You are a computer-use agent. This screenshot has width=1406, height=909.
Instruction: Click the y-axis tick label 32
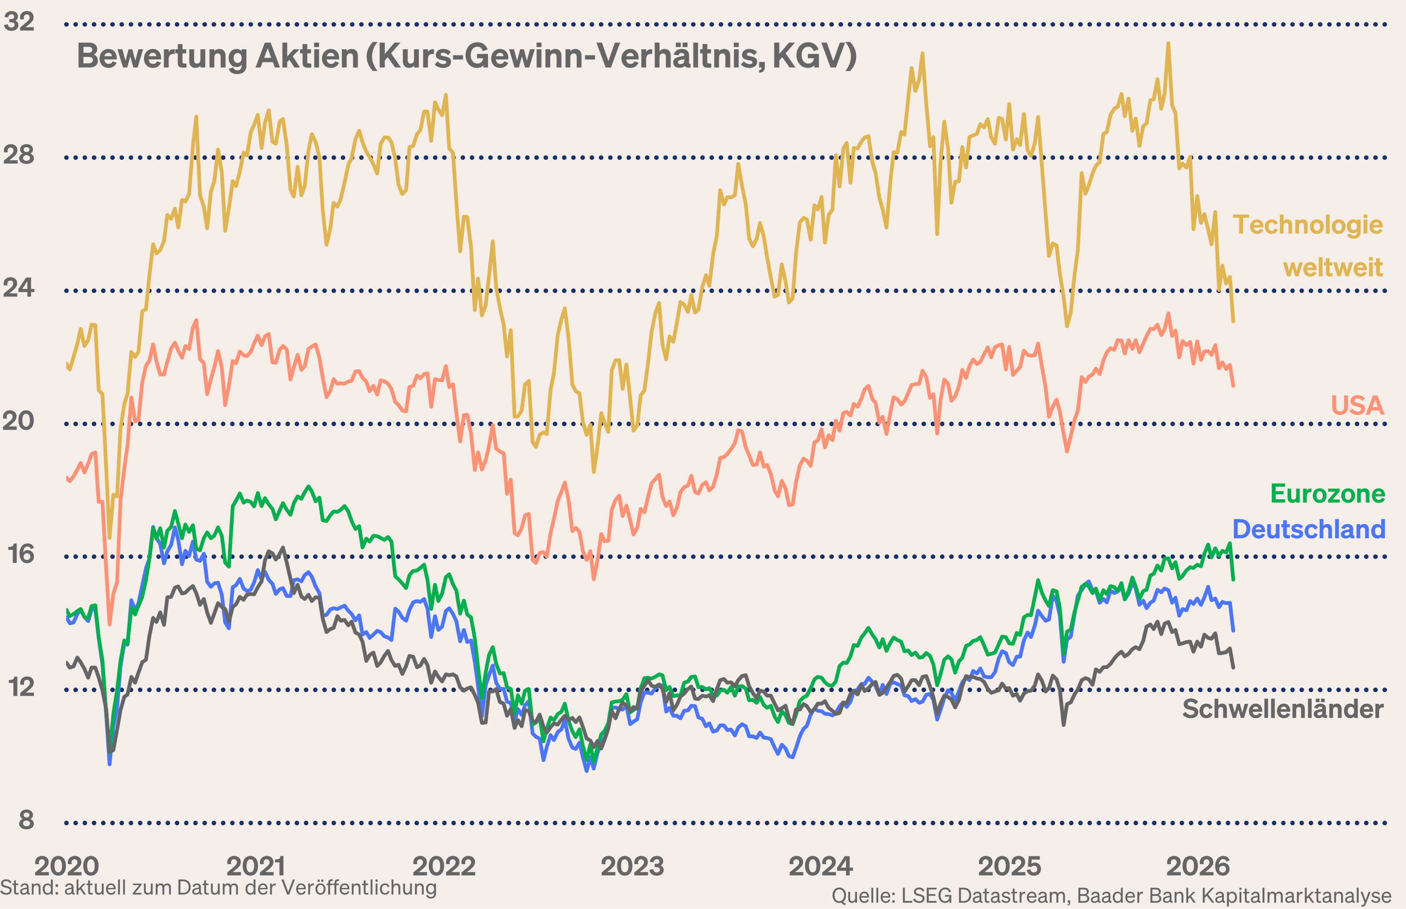[19, 22]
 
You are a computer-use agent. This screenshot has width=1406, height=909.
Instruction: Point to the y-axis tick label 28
[19, 155]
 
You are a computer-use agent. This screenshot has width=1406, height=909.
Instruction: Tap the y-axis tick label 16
[20, 554]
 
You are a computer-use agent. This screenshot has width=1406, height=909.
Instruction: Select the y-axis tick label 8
[26, 820]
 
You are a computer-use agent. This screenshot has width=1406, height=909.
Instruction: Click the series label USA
[1357, 406]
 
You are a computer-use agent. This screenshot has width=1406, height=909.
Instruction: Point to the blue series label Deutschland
[1309, 529]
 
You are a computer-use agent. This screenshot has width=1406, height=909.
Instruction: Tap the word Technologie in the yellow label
[1308, 225]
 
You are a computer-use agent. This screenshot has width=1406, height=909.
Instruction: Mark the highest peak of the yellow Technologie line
[1168, 44]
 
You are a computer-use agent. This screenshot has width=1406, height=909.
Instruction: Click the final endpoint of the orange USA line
[1233, 386]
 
